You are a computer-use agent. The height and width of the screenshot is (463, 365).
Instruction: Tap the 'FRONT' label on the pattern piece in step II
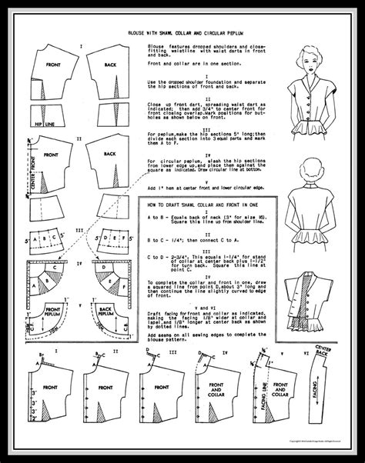(51, 155)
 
